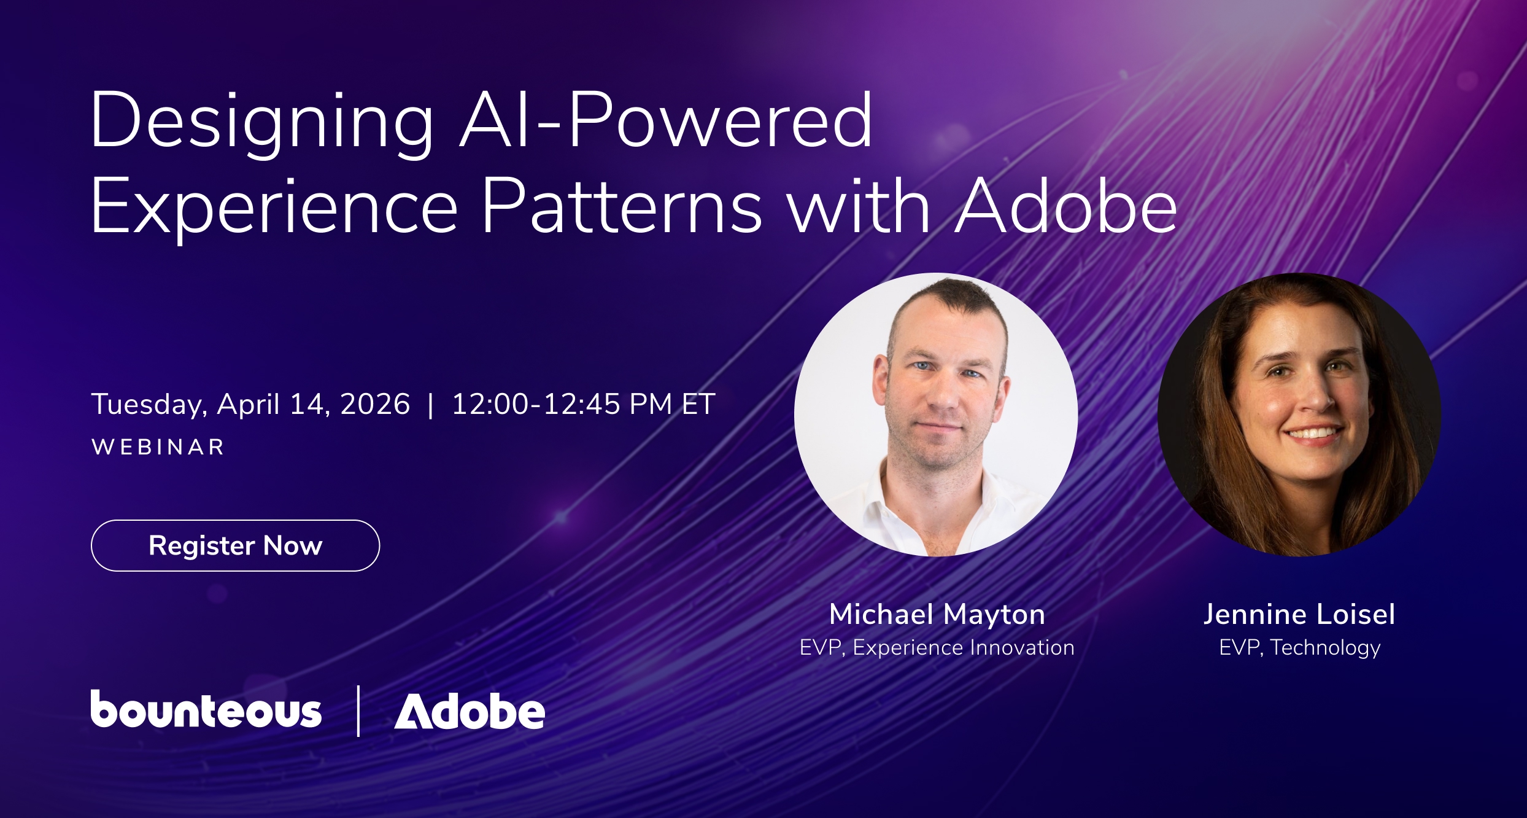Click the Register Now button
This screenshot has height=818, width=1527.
(235, 545)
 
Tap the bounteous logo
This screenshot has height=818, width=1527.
(206, 709)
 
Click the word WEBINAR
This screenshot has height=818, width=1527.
(158, 447)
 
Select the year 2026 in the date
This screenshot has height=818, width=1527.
(374, 404)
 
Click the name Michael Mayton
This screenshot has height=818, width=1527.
(937, 615)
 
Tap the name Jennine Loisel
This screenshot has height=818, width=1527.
(1299, 614)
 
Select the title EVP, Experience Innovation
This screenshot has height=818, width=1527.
(937, 648)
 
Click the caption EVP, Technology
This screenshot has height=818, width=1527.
(1300, 648)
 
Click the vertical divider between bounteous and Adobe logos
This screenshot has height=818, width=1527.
(358, 711)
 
